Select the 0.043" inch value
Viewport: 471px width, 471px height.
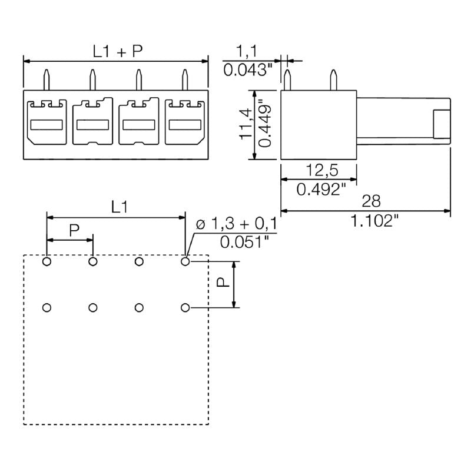[248, 70]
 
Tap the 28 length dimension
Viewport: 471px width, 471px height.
[370, 202]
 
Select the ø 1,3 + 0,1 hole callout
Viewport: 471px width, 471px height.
[235, 224]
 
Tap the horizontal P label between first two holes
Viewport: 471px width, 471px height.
[74, 230]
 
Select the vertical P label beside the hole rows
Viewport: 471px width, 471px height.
[223, 283]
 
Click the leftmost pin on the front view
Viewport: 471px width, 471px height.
[47, 79]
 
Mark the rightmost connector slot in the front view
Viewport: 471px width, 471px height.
[184, 122]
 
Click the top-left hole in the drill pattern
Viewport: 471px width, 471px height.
[47, 261]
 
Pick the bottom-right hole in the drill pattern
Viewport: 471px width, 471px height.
[185, 307]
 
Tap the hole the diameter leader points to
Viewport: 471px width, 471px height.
[185, 261]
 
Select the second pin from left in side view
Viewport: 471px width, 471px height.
[333, 79]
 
